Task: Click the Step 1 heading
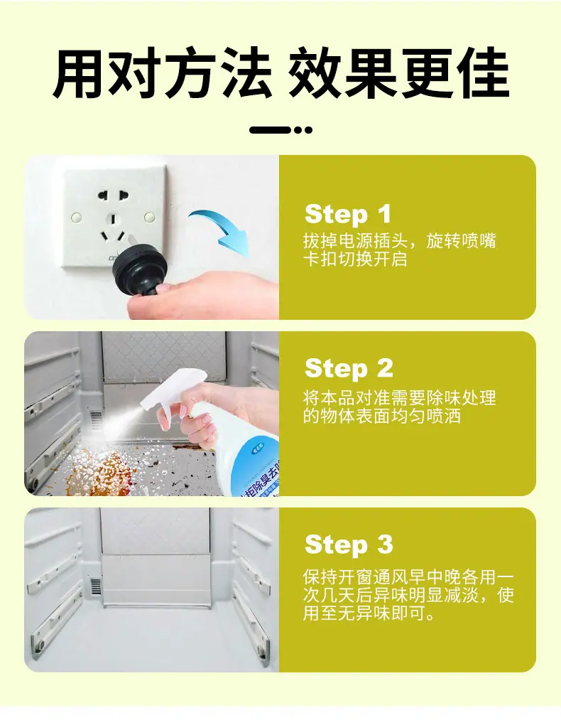click(347, 215)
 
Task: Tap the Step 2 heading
click(349, 369)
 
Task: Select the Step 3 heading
click(349, 544)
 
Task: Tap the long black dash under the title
click(270, 130)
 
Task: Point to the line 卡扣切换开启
click(355, 259)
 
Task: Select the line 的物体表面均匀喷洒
click(382, 416)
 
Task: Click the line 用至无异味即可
click(369, 614)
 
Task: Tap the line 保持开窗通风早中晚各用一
click(408, 577)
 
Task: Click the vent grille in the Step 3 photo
click(96, 586)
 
